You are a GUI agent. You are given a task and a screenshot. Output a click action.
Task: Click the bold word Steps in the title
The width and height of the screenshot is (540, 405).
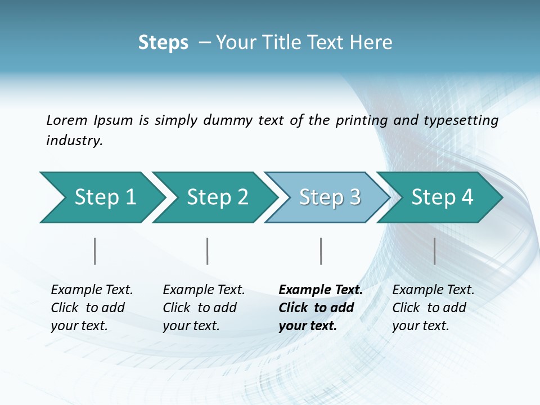163,43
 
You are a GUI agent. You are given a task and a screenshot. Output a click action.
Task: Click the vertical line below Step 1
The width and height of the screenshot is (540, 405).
94,251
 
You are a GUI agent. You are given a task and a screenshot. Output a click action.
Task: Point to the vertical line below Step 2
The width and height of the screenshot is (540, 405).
208,251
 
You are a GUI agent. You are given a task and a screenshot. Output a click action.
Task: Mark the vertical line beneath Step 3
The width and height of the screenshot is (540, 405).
321,251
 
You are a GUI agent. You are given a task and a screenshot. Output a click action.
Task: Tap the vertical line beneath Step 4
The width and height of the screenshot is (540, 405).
434,251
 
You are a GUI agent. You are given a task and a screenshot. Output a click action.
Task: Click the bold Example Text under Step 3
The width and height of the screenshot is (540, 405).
320,308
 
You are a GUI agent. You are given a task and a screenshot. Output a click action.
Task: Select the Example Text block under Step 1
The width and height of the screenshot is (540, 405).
92,308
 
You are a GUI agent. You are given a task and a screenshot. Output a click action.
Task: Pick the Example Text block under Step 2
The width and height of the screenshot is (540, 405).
204,308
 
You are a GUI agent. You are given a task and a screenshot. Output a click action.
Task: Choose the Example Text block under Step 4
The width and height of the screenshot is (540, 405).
433,308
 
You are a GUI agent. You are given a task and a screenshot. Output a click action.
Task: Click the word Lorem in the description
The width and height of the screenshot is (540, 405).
67,120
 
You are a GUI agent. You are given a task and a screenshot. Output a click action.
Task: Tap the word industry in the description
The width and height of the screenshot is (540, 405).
74,141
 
